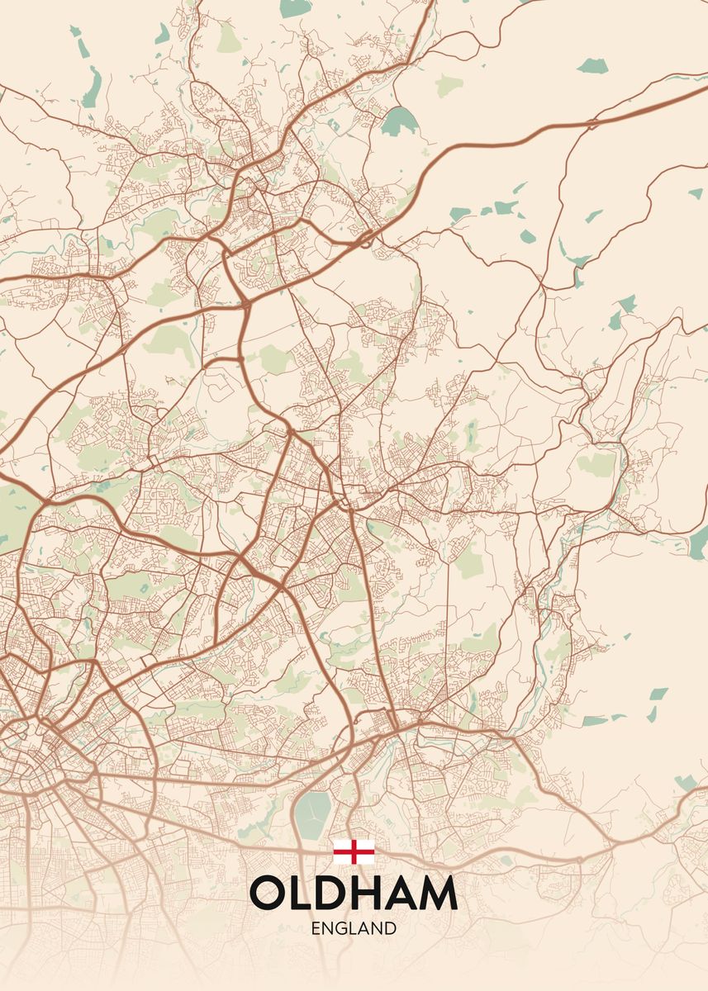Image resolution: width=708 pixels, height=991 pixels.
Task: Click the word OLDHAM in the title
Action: point(353,893)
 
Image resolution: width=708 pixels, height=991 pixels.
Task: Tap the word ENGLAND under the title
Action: point(354,928)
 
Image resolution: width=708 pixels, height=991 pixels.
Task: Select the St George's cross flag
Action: point(354,851)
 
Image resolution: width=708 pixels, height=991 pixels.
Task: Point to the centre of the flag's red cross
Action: point(354,851)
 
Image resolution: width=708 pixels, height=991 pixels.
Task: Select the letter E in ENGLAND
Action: point(316,928)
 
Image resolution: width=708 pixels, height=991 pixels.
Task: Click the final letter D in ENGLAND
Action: point(390,928)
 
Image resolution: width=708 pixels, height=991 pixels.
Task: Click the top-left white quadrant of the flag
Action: point(342,845)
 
